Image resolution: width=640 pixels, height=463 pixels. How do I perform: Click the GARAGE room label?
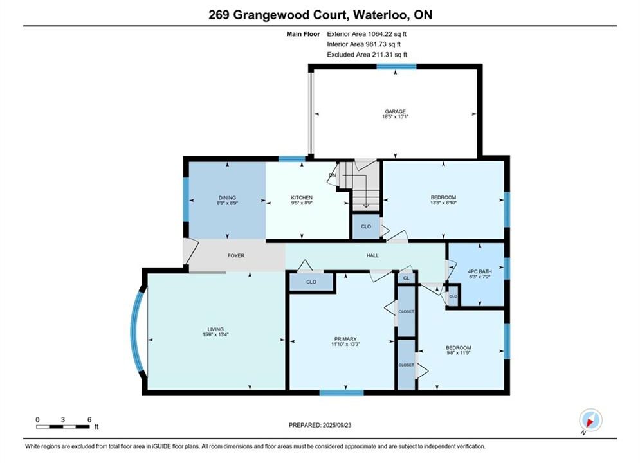point(395,111)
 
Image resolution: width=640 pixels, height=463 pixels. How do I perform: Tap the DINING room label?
point(227,198)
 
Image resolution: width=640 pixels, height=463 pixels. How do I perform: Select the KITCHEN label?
point(302,198)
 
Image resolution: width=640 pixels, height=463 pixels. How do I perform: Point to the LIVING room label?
point(215,329)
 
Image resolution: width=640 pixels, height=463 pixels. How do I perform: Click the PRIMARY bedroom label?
point(345,339)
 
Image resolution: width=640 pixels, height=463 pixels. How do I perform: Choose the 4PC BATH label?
point(480,271)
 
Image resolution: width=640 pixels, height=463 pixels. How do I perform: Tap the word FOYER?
point(236,256)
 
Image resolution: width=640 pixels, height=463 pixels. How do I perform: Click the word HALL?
point(372,256)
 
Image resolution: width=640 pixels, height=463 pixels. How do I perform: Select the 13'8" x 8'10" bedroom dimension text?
point(443,203)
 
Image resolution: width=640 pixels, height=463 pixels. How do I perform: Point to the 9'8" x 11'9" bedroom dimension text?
point(458,353)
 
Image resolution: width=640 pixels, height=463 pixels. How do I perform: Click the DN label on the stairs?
point(333,175)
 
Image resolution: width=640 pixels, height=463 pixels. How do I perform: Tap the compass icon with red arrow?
point(590,420)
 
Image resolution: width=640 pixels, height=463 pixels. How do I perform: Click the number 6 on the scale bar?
point(89,420)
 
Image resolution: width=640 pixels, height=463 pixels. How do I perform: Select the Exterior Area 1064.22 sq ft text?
point(367,34)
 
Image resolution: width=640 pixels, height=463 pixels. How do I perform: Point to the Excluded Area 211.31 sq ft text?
point(367,55)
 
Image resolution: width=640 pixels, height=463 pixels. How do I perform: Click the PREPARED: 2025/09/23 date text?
point(320,425)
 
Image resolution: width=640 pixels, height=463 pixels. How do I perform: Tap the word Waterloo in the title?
point(380,15)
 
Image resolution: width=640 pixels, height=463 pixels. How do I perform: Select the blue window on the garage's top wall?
point(396,66)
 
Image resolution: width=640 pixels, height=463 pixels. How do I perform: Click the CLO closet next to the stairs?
point(366,226)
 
